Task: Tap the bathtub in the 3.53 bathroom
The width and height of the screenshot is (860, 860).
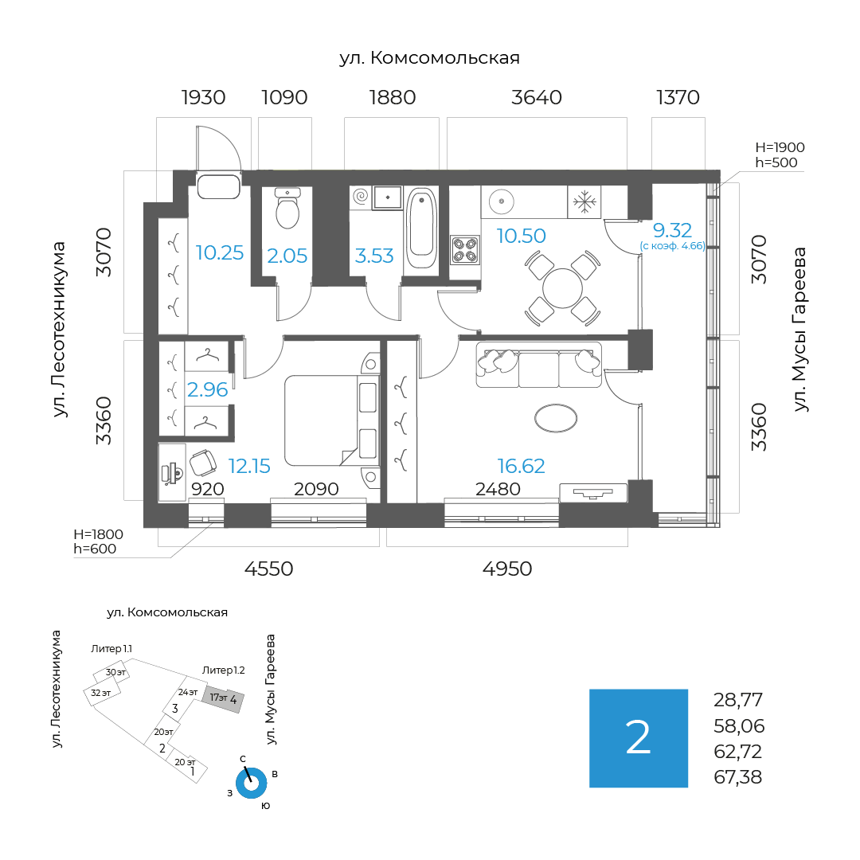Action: pyautogui.click(x=420, y=228)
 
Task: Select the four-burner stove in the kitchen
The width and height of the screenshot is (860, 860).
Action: pyautogui.click(x=464, y=249)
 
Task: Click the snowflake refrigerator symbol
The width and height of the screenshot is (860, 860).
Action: pyautogui.click(x=585, y=203)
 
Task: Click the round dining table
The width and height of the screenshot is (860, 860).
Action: pyautogui.click(x=563, y=287)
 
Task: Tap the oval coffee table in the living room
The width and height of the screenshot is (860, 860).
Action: pyautogui.click(x=555, y=418)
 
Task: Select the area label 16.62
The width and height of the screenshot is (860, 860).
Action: pyautogui.click(x=521, y=466)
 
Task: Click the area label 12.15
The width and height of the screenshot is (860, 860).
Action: pyautogui.click(x=249, y=466)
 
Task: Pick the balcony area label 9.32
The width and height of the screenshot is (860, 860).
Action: pyautogui.click(x=672, y=231)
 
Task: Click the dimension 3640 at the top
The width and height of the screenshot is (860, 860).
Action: pyautogui.click(x=537, y=98)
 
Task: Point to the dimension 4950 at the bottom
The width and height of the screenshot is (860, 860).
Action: pyautogui.click(x=507, y=569)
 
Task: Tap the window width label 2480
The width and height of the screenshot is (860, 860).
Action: pyautogui.click(x=498, y=489)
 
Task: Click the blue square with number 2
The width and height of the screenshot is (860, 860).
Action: pyautogui.click(x=638, y=738)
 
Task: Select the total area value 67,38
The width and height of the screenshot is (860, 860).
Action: pyautogui.click(x=738, y=777)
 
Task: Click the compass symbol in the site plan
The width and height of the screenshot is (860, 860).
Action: pyautogui.click(x=251, y=783)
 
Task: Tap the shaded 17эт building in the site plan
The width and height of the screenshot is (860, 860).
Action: pyautogui.click(x=222, y=699)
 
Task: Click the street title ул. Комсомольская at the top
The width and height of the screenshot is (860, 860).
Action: pyautogui.click(x=429, y=58)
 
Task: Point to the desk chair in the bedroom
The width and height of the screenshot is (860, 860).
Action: pyautogui.click(x=202, y=463)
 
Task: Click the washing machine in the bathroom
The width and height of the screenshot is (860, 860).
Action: pyautogui.click(x=361, y=196)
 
